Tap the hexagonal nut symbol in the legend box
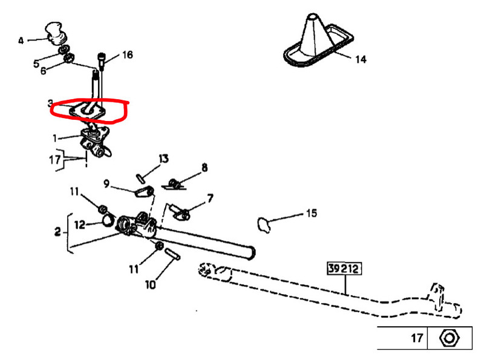click(448, 337)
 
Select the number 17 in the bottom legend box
click(417, 338)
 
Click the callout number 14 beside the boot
click(361, 59)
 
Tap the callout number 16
click(127, 55)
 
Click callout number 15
click(311, 213)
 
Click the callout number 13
click(163, 159)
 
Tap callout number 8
click(204, 168)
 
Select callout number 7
click(210, 198)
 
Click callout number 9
click(106, 183)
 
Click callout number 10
click(149, 283)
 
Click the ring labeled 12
click(106, 219)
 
